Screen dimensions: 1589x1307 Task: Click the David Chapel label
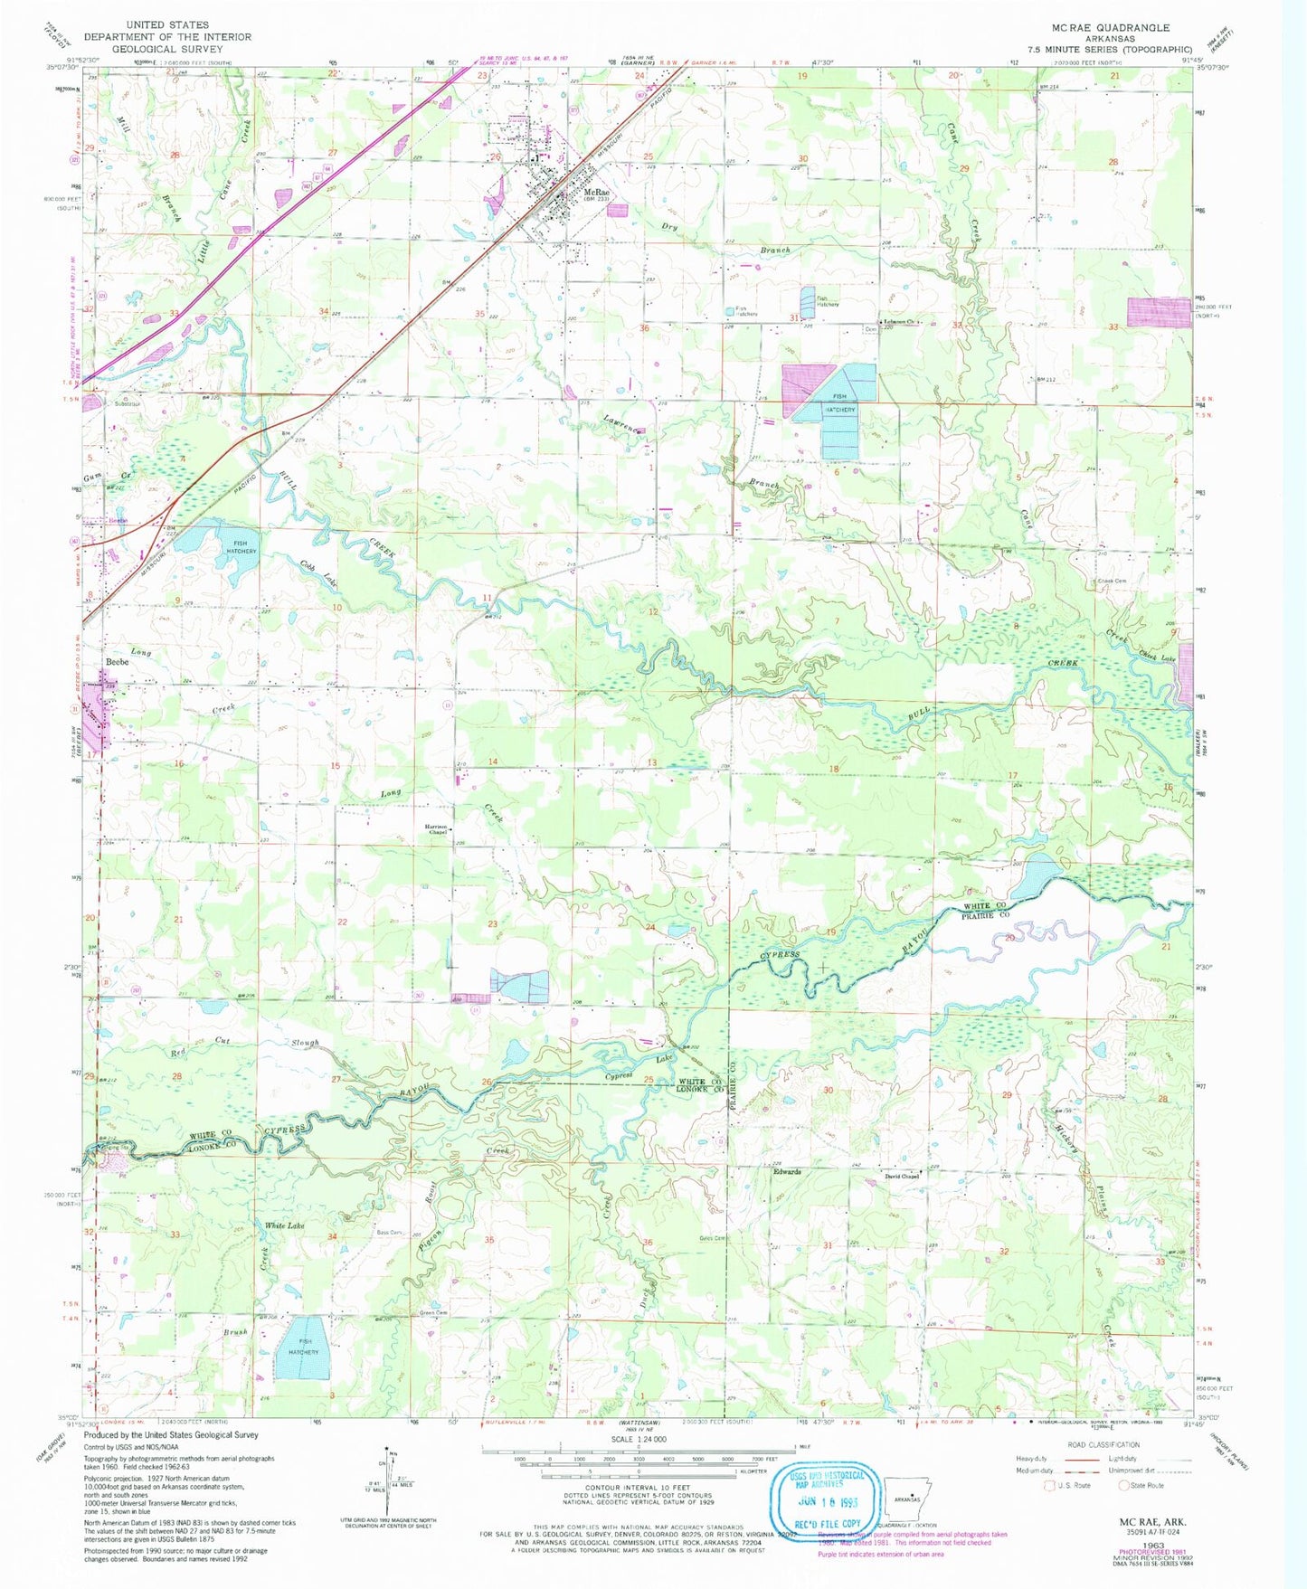pyautogui.click(x=903, y=1177)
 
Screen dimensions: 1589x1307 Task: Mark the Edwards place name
pyautogui.click(x=786, y=1172)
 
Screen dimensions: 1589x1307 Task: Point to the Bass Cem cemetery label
pyautogui.click(x=390, y=1233)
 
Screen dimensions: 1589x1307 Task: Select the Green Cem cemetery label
pyautogui.click(x=432, y=1312)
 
